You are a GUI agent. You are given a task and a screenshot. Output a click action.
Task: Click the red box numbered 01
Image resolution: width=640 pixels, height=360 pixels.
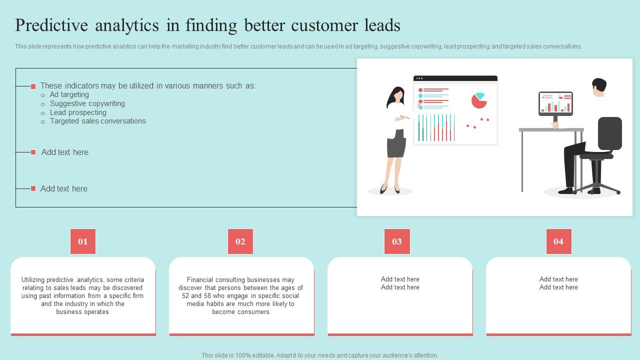83,241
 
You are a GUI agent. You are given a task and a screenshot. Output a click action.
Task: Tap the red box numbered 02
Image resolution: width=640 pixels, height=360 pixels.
240,241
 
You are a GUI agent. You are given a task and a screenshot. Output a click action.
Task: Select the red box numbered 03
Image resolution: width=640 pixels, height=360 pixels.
397,241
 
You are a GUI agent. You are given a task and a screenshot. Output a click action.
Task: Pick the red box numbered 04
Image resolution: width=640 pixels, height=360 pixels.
559,241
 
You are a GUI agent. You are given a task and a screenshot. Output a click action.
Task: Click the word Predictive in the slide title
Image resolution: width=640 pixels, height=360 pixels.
51,25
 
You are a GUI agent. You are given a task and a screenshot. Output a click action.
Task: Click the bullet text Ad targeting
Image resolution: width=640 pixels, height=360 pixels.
69,94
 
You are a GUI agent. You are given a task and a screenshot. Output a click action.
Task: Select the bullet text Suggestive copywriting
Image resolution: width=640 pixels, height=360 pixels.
87,103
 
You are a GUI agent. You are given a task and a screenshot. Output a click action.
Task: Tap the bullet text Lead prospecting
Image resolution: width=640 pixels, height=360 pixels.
78,112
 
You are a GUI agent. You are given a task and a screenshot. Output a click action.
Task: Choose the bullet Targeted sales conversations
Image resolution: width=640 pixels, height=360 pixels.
97,121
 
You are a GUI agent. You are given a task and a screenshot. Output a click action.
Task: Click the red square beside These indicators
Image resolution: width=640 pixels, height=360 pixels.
33,86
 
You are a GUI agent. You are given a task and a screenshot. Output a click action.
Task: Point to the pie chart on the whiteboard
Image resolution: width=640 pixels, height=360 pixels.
479,100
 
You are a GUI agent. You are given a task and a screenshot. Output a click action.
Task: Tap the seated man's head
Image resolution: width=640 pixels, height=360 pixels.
599,87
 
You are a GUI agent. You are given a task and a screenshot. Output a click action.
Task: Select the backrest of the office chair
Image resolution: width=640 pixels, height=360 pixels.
609,133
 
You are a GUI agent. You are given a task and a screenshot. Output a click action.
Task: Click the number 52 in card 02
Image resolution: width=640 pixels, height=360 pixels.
185,295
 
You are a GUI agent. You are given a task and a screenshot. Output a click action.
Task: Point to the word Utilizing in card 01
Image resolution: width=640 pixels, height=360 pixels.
33,279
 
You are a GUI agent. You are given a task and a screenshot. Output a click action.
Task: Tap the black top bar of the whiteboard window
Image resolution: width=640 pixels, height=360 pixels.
455,78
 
